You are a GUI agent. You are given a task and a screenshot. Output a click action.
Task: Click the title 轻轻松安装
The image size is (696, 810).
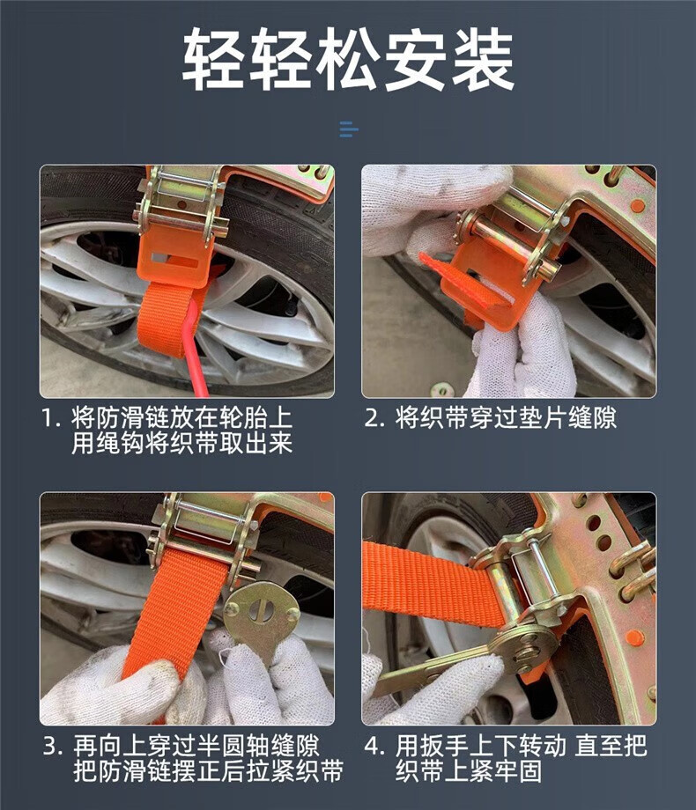pos(348,59)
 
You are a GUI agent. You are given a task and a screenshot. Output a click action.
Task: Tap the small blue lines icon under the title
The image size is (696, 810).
pos(349,129)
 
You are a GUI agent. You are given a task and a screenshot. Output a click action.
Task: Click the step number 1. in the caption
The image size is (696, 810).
pos(51,417)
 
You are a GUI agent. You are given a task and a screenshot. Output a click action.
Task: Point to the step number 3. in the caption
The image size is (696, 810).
pos(53,746)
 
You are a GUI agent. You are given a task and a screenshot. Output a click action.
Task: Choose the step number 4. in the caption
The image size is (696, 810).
pos(374,746)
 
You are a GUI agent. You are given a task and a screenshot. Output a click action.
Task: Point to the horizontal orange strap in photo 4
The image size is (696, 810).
pos(429,583)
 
